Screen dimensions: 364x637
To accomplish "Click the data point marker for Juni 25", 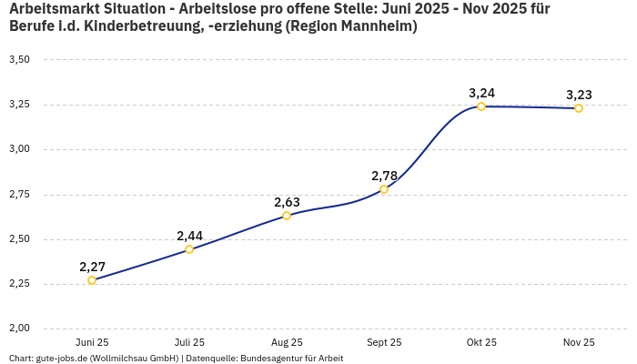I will point(92,280).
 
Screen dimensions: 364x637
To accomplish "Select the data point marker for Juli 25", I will point(189,249).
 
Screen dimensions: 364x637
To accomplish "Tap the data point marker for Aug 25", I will point(287,216).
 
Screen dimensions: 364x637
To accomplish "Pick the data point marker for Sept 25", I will point(384,189).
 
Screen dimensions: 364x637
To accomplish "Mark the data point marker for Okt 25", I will point(481,106).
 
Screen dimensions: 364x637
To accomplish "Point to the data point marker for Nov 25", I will point(579,108).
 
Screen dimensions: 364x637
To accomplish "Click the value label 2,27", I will point(92,267).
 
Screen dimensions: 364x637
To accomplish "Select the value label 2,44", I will point(189,236).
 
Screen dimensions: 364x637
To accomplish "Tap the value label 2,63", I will point(287,202).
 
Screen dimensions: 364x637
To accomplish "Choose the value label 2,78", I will point(384,176).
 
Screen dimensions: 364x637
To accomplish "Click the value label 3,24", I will point(481,93).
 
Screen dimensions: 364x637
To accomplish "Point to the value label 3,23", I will point(579,95).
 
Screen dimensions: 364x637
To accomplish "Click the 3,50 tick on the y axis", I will point(19,59).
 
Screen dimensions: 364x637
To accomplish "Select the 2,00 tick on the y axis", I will point(19,329).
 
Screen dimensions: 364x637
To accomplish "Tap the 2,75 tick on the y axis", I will point(19,194).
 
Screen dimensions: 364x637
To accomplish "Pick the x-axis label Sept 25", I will point(384,342).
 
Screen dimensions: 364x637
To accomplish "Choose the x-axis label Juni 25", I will point(92,342).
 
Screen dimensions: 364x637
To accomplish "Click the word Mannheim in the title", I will point(373,26).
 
